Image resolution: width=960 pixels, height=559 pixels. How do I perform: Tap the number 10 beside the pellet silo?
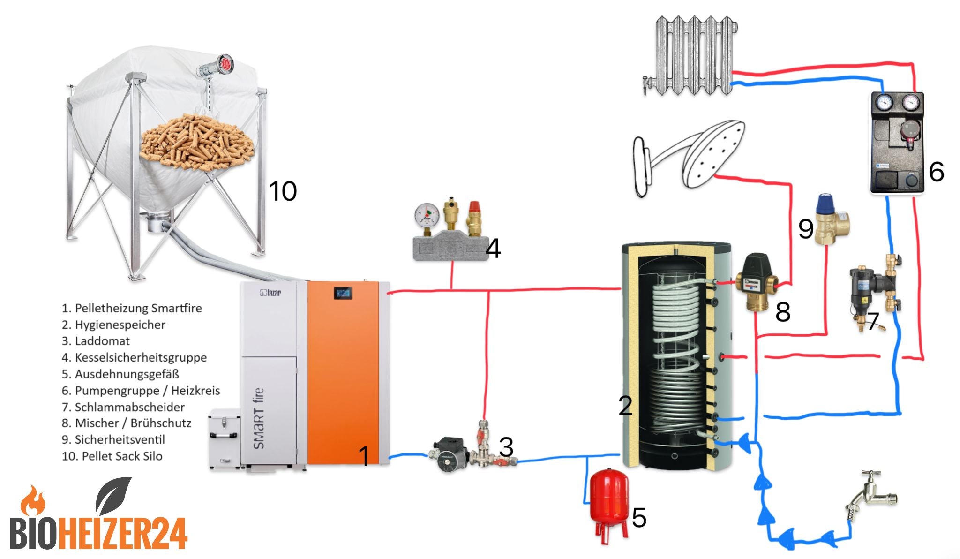[283, 191]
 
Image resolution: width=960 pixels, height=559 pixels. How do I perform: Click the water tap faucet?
[870, 497]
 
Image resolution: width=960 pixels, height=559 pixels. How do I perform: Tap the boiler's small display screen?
[343, 294]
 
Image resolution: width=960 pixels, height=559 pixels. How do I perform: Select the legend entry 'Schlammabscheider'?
[123, 407]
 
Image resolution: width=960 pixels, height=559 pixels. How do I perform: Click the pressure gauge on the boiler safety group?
[427, 215]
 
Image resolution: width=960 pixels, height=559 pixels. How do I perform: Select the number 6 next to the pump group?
[936, 172]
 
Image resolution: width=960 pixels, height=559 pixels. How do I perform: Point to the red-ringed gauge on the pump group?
[910, 102]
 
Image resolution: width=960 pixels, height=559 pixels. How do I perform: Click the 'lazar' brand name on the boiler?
[270, 293]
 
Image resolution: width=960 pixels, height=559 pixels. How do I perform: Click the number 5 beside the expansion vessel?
[639, 518]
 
